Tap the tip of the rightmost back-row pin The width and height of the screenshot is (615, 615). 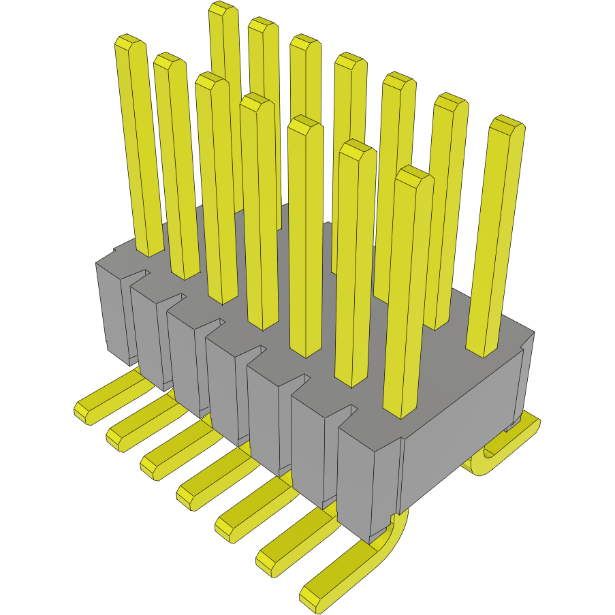[x=507, y=124]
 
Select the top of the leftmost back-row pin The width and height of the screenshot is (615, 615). [x=223, y=9]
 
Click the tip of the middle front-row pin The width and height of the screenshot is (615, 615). [x=256, y=101]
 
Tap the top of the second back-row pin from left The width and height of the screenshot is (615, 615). [x=263, y=25]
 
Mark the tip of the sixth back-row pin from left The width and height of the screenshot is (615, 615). [x=450, y=101]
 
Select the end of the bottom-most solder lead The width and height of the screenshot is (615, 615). [x=312, y=596]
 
